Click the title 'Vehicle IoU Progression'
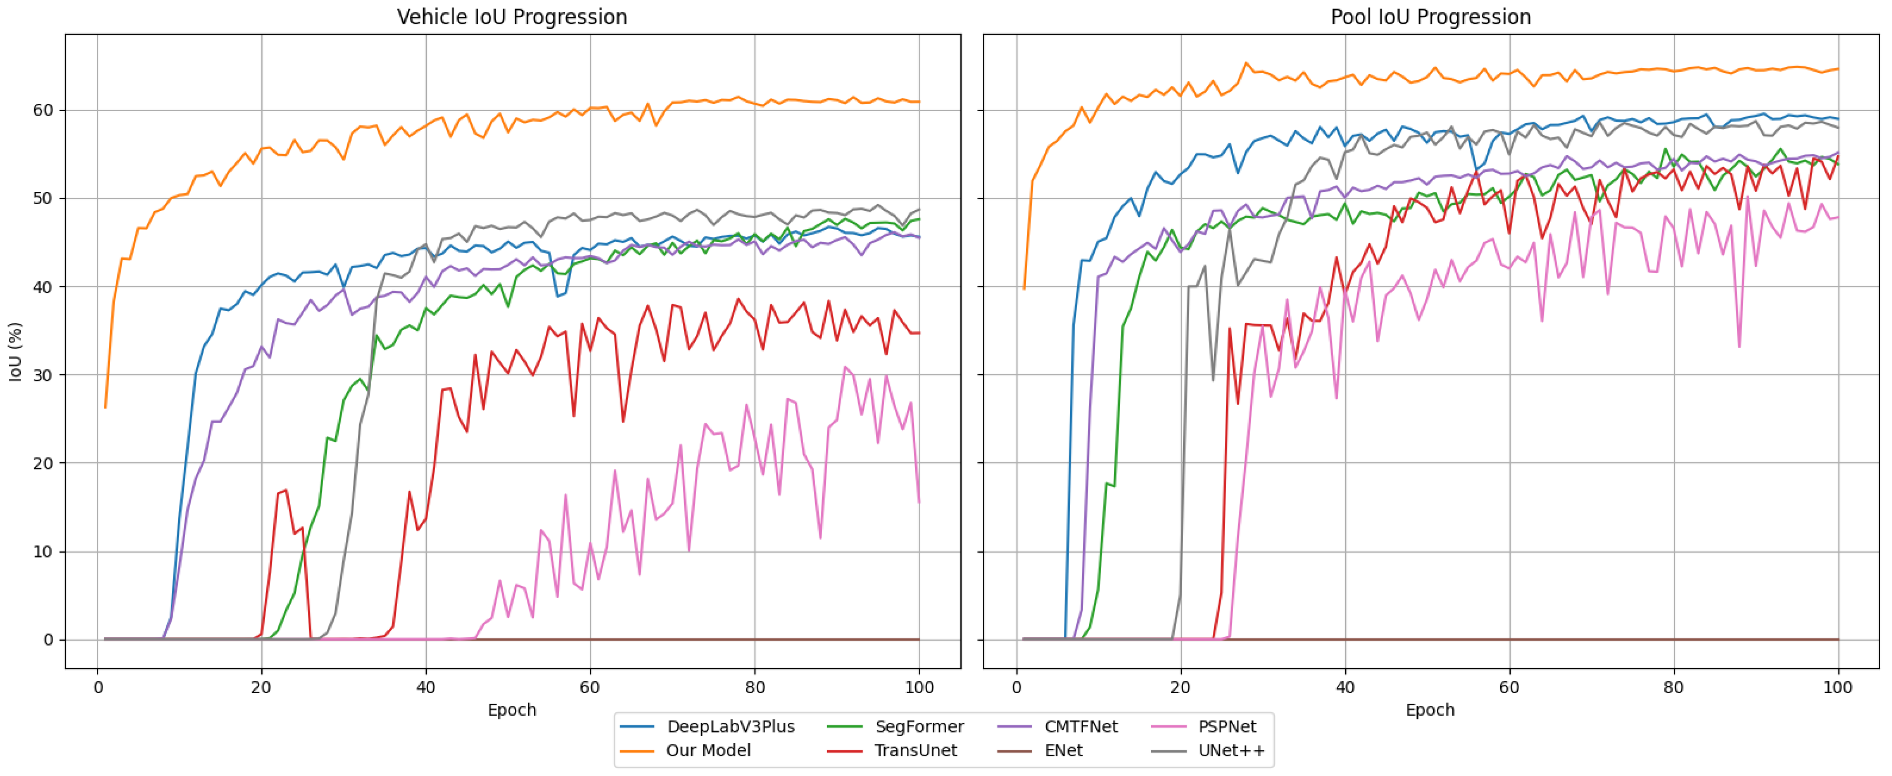(512, 16)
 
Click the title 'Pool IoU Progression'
(1430, 16)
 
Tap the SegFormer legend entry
(919, 727)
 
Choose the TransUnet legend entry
(915, 750)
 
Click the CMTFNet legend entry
(1080, 727)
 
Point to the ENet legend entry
(1063, 750)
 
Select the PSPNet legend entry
(1227, 727)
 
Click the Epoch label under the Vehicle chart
(512, 710)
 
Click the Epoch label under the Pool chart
(1430, 710)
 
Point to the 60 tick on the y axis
(43, 110)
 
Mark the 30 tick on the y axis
(43, 375)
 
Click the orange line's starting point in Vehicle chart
(105, 407)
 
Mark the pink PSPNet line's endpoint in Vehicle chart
(919, 503)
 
